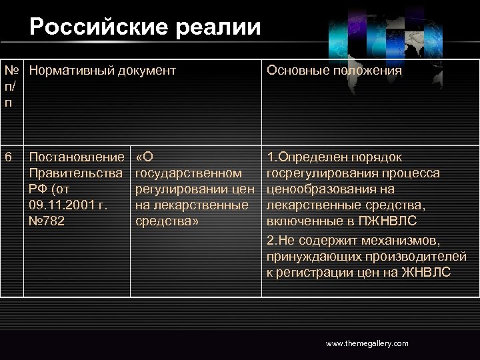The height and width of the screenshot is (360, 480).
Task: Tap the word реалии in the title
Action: tap(223, 27)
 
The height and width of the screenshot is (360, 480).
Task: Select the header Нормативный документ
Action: tap(103, 70)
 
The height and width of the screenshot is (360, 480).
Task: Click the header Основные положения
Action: tap(334, 70)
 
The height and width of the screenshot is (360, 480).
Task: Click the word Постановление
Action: tap(77, 157)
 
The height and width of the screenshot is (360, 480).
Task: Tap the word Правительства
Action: tap(77, 173)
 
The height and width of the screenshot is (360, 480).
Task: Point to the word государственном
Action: tap(188, 173)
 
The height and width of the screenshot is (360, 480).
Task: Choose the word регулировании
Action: tap(179, 189)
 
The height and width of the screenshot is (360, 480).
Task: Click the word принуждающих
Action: tap(311, 256)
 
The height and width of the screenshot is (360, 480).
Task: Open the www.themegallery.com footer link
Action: tap(367, 343)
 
